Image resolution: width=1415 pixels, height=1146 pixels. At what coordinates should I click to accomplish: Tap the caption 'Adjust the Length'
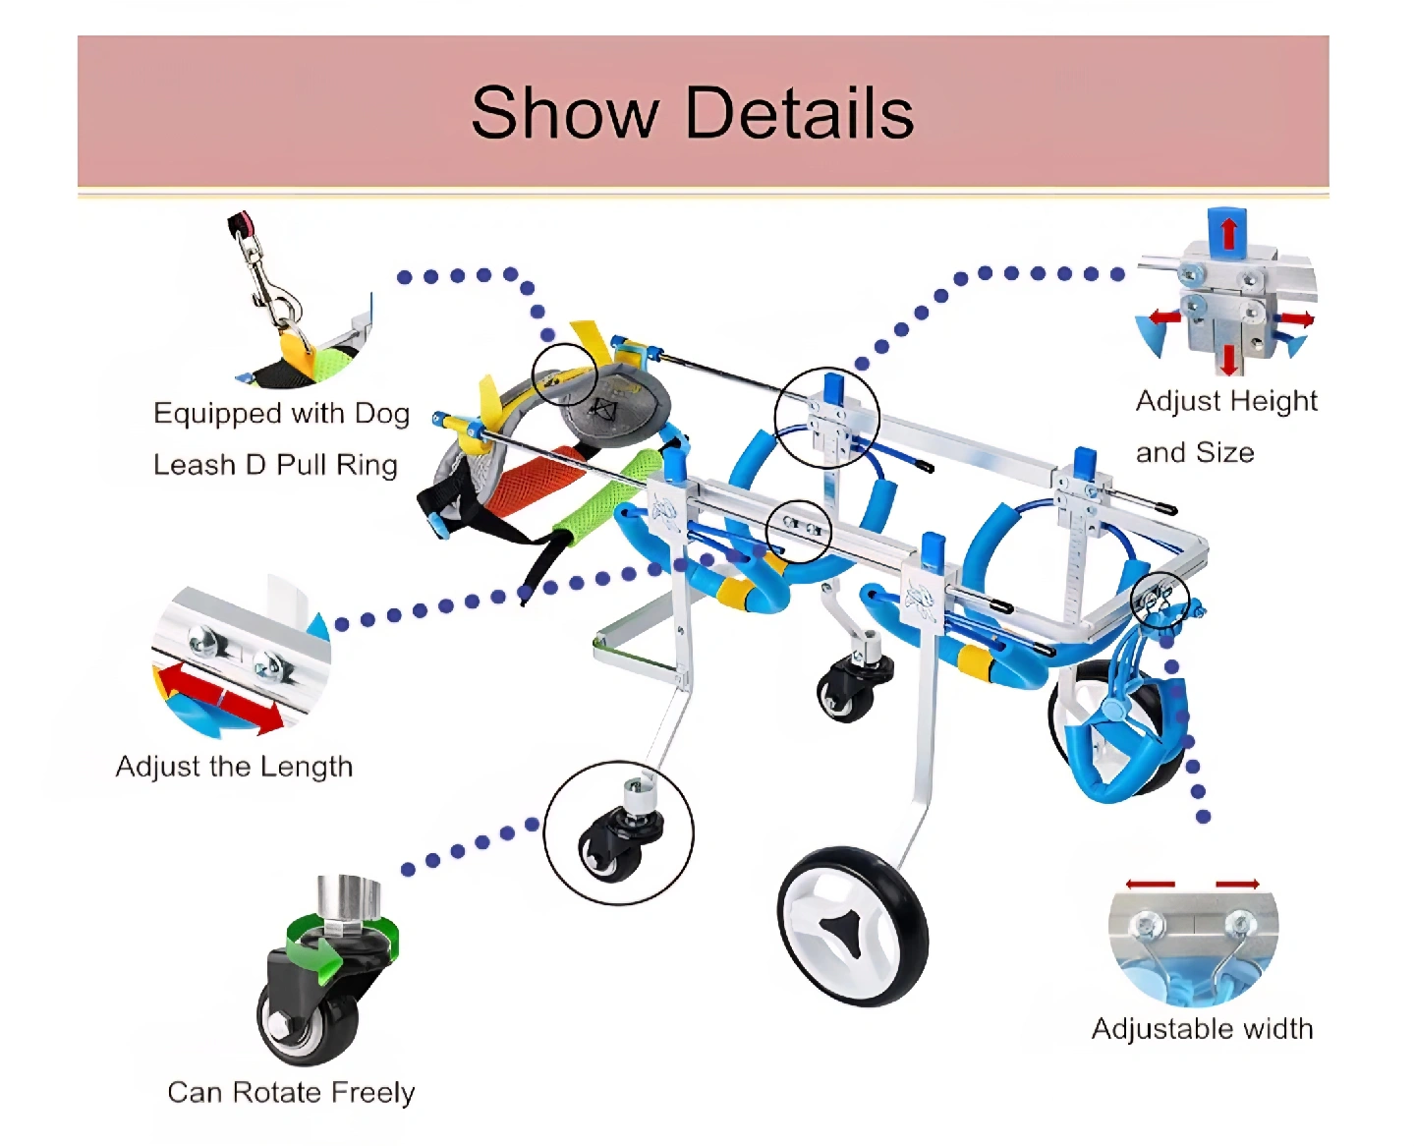pyautogui.click(x=234, y=767)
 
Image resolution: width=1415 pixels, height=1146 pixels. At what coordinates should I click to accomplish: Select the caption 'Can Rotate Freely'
pyautogui.click(x=291, y=1092)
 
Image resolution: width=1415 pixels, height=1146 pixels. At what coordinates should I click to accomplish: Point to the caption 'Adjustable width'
pyautogui.click(x=1202, y=1029)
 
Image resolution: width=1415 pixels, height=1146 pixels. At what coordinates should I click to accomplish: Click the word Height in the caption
pyautogui.click(x=1273, y=401)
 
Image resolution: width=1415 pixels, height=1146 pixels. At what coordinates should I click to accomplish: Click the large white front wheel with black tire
pyautogui.click(x=852, y=926)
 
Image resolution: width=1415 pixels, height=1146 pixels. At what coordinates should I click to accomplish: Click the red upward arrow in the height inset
pyautogui.click(x=1228, y=233)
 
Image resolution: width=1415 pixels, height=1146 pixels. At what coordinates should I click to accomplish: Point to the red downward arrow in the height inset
pyautogui.click(x=1228, y=358)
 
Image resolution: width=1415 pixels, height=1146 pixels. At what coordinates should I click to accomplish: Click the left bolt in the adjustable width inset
pyautogui.click(x=1144, y=925)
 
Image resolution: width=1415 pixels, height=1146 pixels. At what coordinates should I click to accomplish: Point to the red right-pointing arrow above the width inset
pyautogui.click(x=1237, y=885)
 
